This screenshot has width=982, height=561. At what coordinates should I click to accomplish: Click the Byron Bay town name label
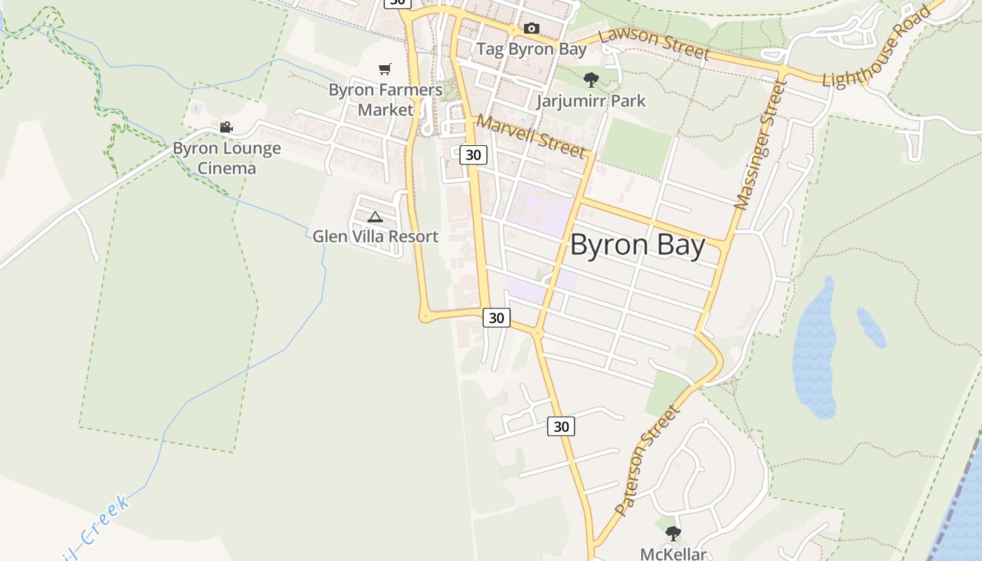coord(637,245)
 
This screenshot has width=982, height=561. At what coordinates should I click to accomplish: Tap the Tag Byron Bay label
coord(531,49)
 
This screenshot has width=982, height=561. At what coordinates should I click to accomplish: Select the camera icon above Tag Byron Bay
coord(532,29)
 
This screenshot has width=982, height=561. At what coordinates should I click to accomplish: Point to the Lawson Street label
coord(654,43)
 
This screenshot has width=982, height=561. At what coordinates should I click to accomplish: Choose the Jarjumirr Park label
coord(591,100)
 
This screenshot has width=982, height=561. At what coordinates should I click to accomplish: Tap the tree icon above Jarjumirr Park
coord(591,79)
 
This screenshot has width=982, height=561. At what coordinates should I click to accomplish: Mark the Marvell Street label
coord(530,135)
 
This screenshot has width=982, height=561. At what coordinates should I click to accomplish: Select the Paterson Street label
coord(647,460)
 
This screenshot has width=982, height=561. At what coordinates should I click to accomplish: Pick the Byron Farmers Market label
coord(385,100)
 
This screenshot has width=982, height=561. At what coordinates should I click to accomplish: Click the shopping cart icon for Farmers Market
coord(384,69)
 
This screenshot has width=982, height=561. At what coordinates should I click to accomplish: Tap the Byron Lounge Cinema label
coord(227,158)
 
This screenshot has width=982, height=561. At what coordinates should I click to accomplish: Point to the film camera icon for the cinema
coord(226,127)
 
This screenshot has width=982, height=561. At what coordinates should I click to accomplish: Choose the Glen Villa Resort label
coord(375,236)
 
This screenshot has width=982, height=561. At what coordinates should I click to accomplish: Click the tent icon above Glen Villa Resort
coord(375,217)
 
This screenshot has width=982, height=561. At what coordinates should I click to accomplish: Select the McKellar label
coord(673,554)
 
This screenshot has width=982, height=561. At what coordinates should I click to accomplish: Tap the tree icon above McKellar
coord(673,534)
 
